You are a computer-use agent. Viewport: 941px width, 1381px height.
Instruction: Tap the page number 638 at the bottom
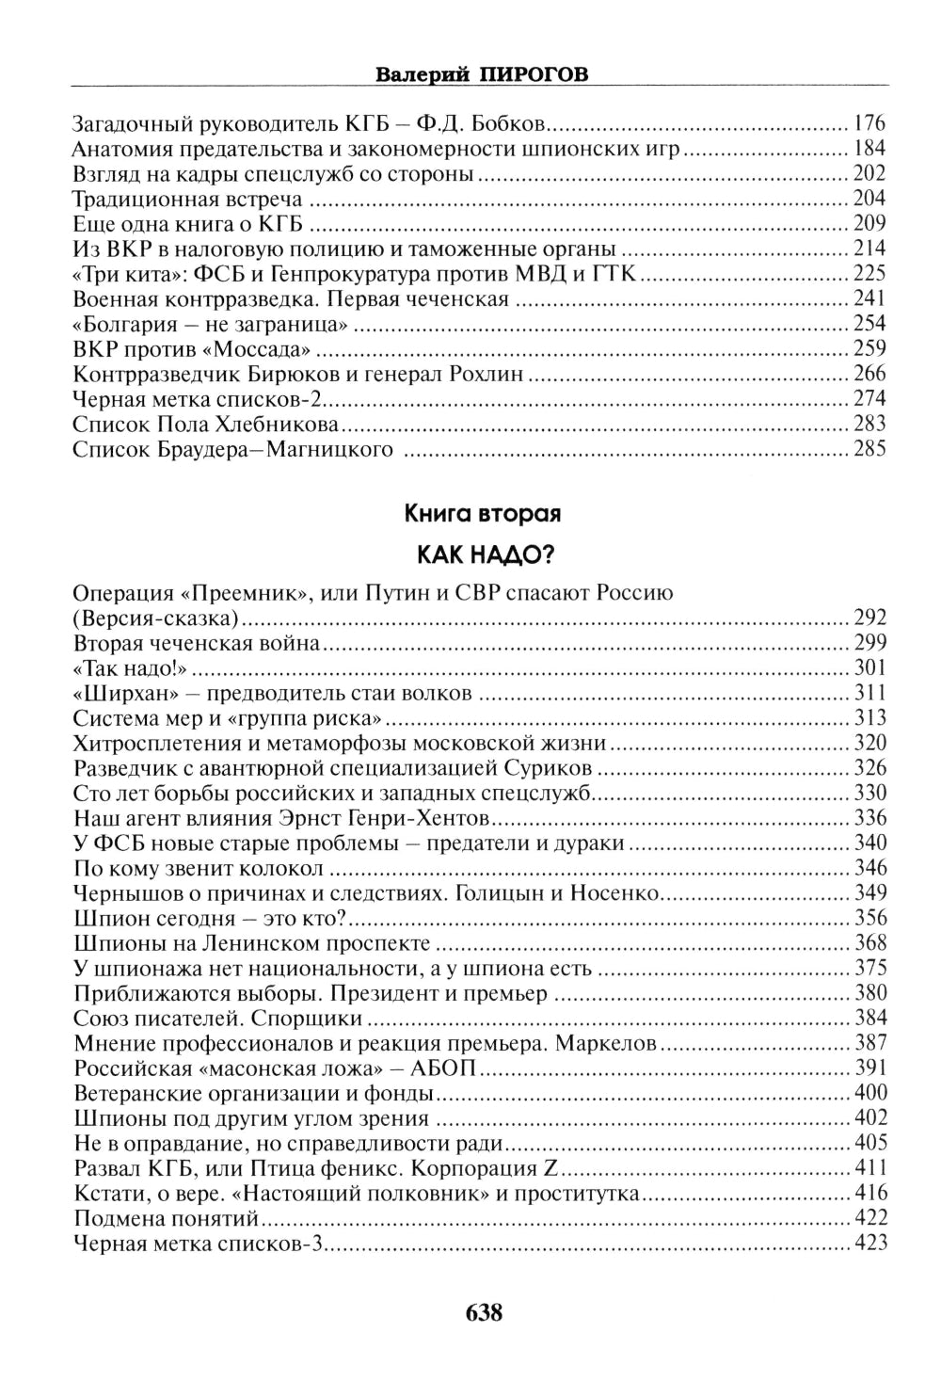tap(484, 1312)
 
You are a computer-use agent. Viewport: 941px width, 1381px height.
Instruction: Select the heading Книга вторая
tap(483, 514)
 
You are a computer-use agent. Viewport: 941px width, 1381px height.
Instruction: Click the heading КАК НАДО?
tap(484, 554)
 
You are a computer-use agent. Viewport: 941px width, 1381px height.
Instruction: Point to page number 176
tap(869, 123)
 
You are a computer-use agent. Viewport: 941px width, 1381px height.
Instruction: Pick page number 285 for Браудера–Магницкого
tap(869, 448)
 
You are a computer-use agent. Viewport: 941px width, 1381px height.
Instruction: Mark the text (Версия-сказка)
tap(155, 618)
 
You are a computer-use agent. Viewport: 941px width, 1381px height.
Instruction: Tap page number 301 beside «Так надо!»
tap(869, 668)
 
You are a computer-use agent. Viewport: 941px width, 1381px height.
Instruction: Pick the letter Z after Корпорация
tap(552, 1169)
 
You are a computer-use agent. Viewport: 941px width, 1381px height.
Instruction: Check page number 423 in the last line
tap(869, 1245)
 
